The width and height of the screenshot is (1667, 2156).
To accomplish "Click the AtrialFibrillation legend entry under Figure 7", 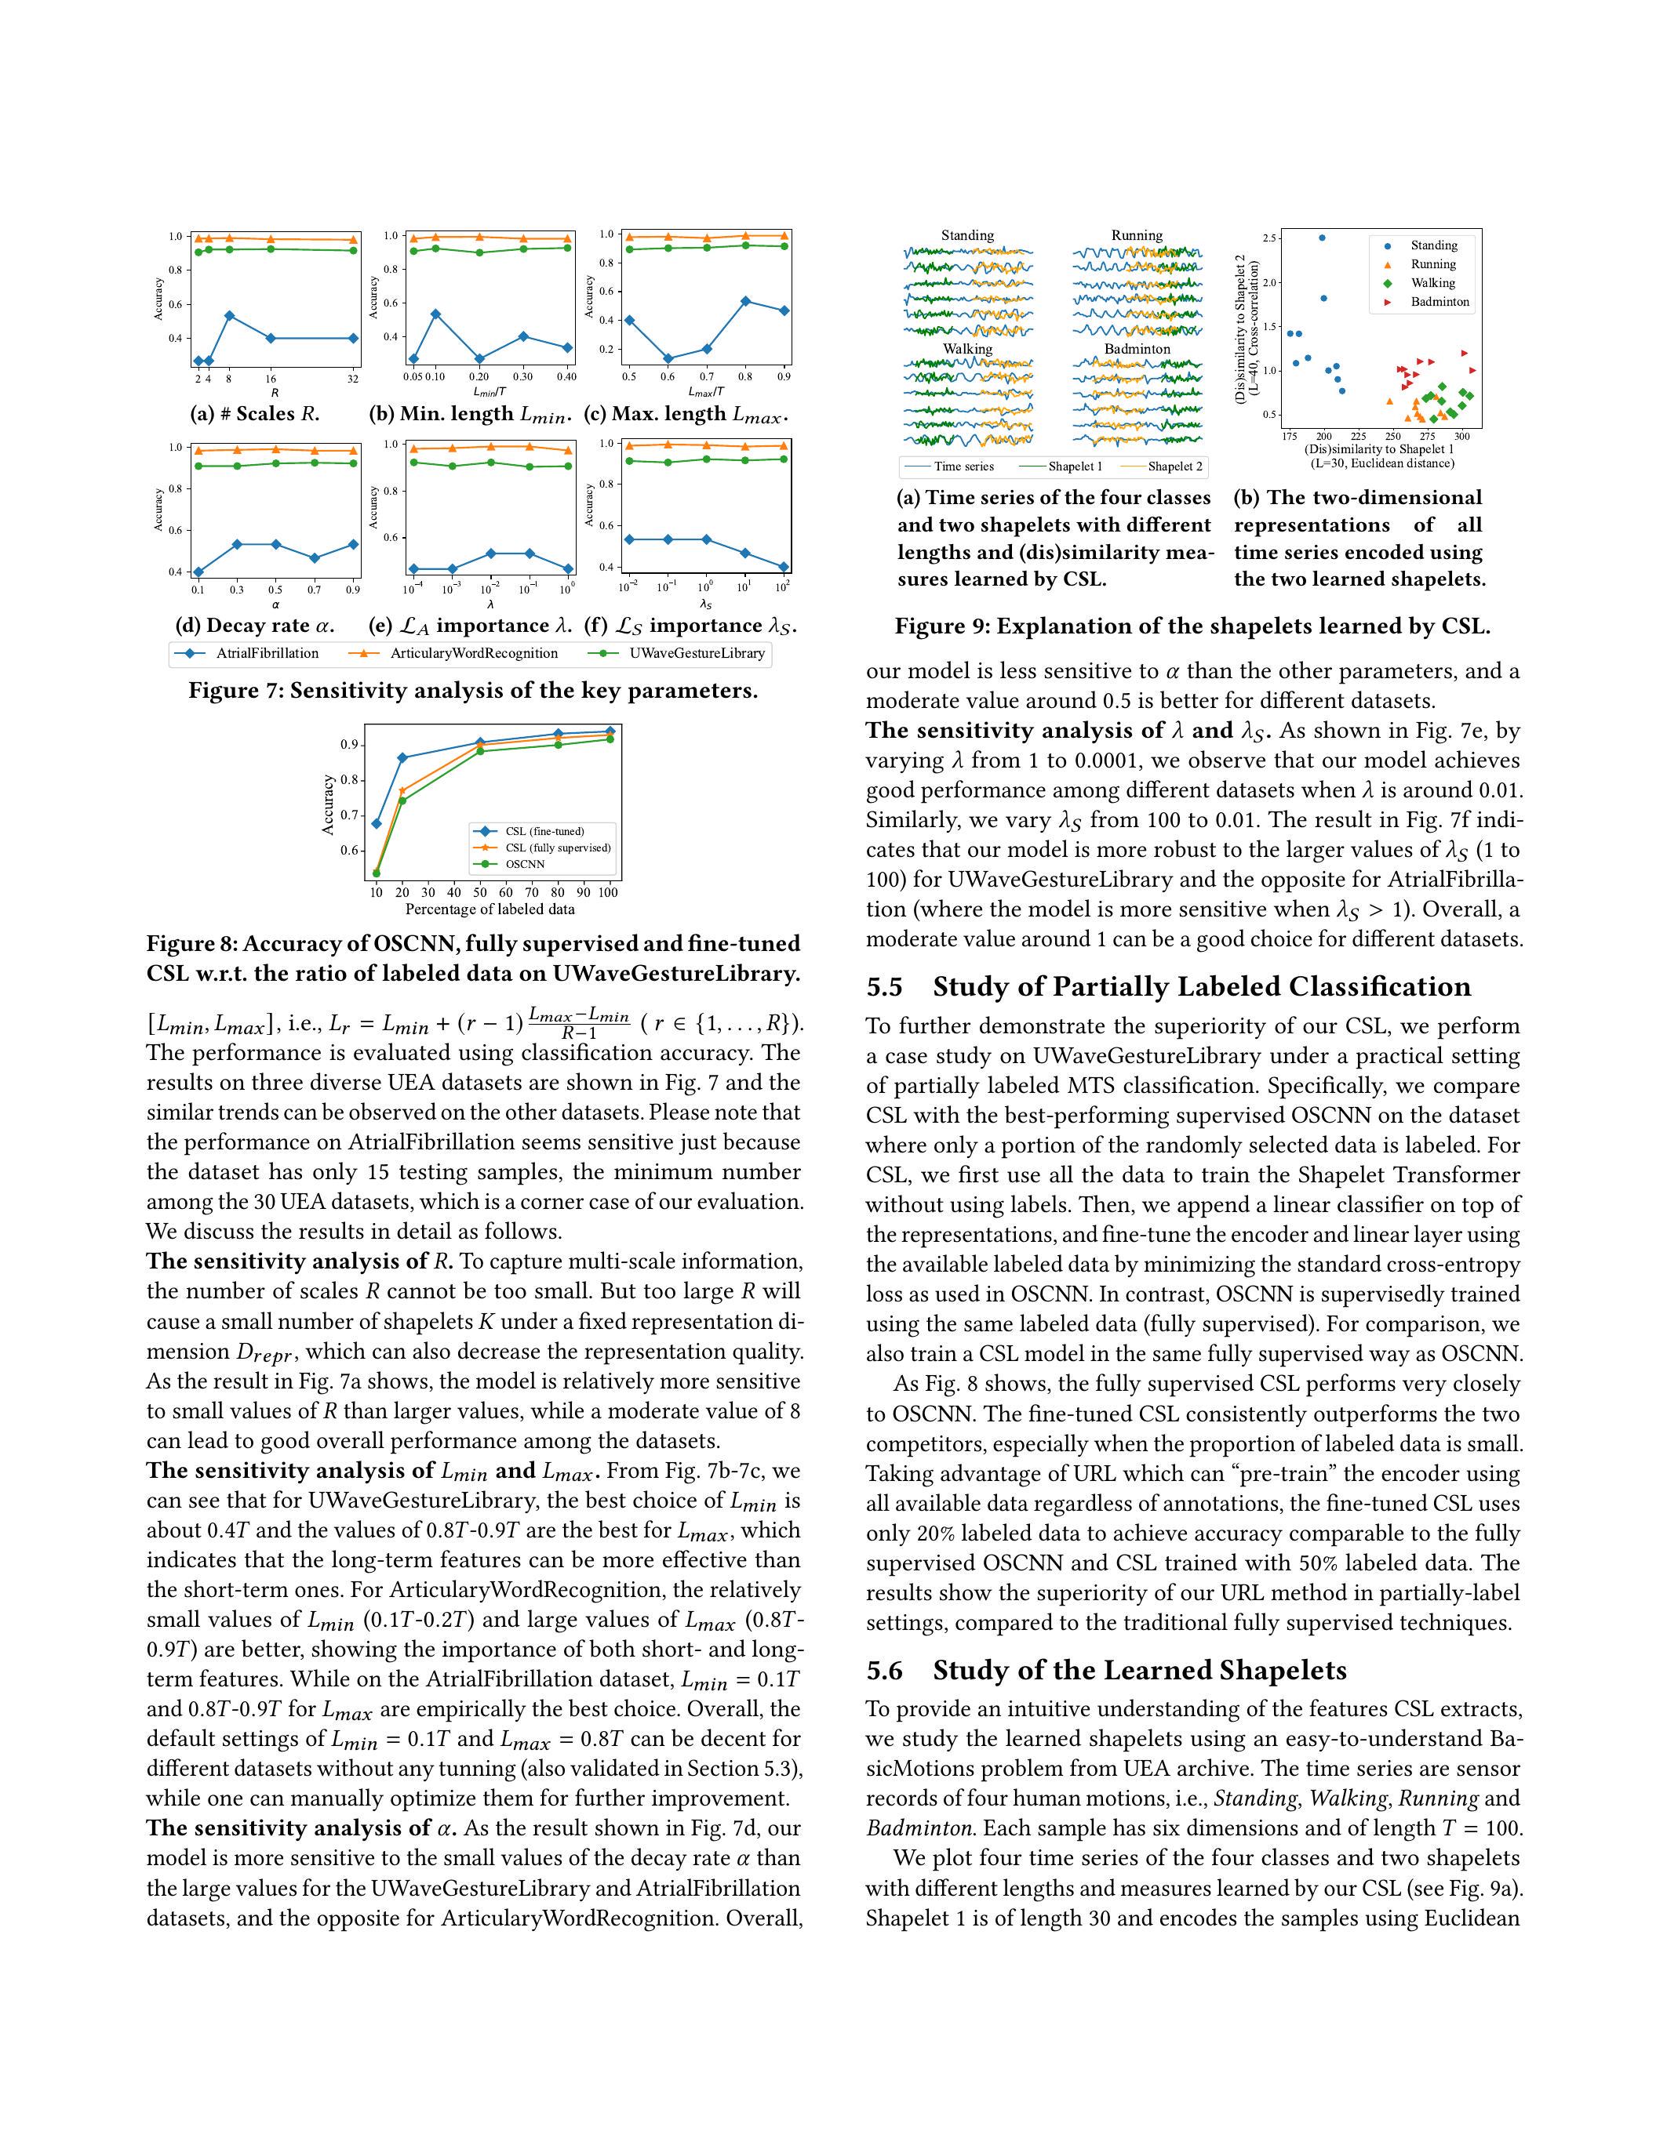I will pos(267,654).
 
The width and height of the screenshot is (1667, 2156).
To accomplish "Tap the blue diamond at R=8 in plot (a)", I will pos(229,316).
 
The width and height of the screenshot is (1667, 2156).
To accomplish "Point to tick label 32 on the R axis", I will pos(352,379).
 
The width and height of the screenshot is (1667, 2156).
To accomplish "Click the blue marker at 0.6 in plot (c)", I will pos(668,358).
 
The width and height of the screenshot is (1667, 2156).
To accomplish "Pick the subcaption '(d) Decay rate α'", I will pos(262,625).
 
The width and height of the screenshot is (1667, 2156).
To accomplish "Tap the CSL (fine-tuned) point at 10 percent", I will pos(377,823).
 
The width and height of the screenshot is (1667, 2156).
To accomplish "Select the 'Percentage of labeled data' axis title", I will pos(490,908).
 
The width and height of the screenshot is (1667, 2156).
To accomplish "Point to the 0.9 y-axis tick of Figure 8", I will pos(348,744).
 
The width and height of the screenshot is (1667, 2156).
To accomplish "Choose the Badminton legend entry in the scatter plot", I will pos(1439,302).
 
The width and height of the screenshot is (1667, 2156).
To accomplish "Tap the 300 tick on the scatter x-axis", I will pos(1461,435).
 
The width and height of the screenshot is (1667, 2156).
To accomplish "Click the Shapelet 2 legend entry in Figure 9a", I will pos(1174,466).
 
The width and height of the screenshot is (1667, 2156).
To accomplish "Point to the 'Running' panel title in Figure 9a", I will pos(1137,235).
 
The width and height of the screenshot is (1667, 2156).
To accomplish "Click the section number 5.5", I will pos(885,987).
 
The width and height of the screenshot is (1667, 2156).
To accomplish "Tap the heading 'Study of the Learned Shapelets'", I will pos(1140,1670).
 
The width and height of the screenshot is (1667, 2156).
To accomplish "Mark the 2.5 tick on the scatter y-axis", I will pos(1270,238).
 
